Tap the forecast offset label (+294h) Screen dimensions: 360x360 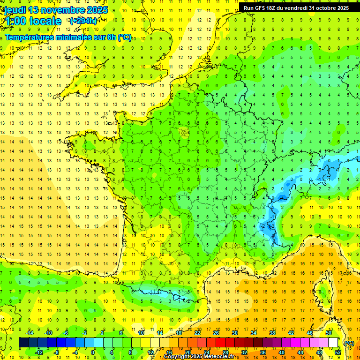83,21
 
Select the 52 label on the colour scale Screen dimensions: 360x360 338,352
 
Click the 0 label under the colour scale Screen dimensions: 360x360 93,352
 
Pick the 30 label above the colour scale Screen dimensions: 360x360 235,333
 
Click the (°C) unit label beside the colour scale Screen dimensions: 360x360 349,343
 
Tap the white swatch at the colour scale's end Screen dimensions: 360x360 333,343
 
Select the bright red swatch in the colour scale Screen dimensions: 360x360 220,343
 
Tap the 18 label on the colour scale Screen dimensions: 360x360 179,333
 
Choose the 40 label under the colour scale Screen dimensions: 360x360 282,352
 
